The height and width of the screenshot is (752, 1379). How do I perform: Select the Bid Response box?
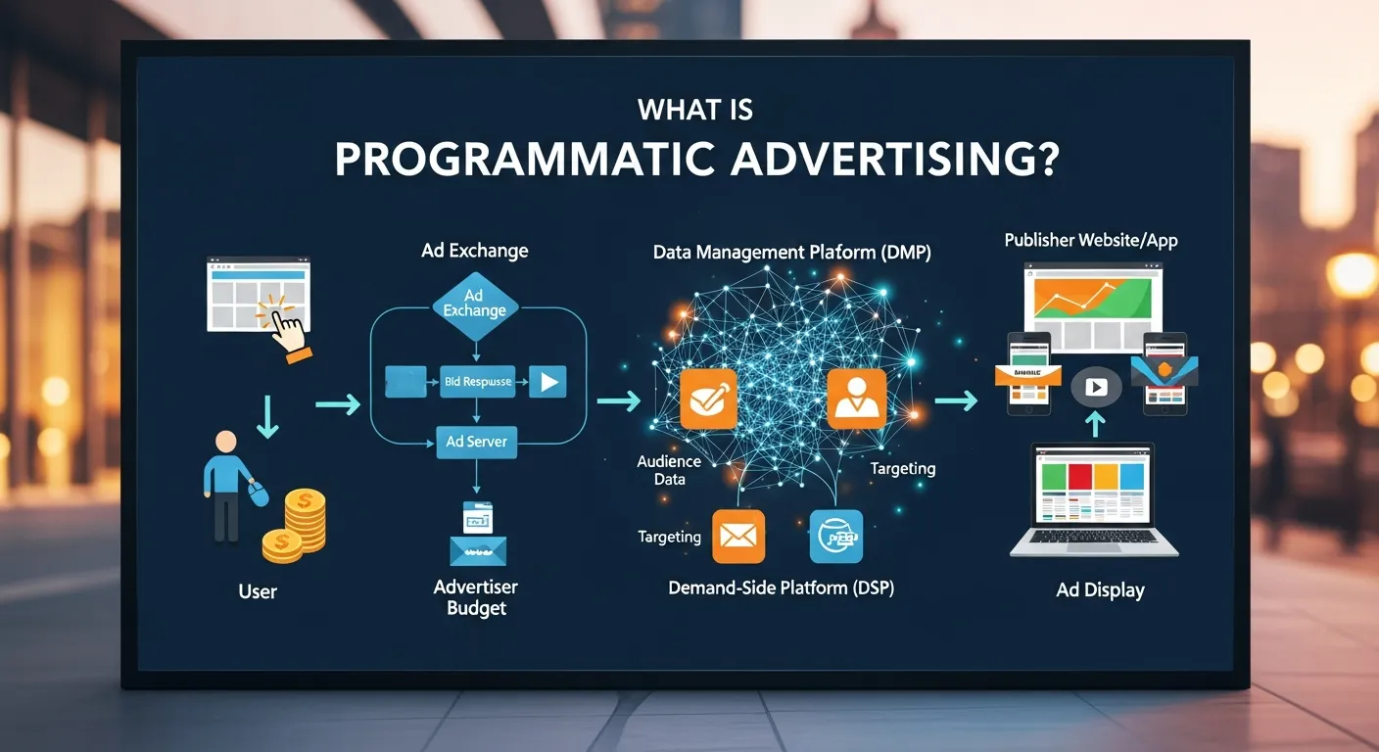tap(476, 381)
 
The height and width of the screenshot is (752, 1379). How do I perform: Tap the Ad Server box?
tap(476, 442)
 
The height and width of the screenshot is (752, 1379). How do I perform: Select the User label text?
tap(258, 591)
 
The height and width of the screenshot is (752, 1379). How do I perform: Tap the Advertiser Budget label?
tap(476, 597)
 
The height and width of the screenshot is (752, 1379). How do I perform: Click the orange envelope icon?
tap(738, 536)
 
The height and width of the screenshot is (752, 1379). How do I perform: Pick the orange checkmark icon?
tap(707, 399)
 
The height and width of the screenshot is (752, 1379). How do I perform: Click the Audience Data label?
tap(669, 470)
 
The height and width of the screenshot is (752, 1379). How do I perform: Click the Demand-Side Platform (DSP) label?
tap(781, 588)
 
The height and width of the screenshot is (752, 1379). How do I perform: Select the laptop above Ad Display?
tap(1094, 499)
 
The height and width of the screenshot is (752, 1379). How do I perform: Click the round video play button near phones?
tap(1096, 388)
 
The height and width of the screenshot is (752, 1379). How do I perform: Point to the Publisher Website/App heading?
tap(1090, 240)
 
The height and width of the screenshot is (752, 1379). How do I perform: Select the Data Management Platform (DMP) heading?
tap(791, 253)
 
